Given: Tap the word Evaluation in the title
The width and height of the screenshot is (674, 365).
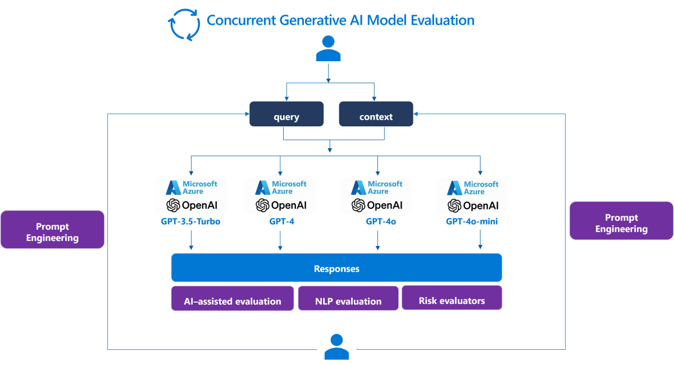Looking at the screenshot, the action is tap(443, 20).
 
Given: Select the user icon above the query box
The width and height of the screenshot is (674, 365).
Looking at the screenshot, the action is tap(328, 48).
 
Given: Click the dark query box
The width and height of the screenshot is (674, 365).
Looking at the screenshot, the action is tap(286, 114).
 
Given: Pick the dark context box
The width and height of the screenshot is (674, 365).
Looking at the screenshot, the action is tap(376, 114).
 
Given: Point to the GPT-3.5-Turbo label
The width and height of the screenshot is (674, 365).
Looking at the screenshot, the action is tap(190, 221).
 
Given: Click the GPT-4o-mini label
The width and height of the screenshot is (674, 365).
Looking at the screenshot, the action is tap(472, 221).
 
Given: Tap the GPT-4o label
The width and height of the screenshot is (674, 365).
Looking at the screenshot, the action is tap(381, 221).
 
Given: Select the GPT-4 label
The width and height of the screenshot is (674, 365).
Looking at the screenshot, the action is tap(281, 221).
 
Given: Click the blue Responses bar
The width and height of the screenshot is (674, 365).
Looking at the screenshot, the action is tap(336, 267).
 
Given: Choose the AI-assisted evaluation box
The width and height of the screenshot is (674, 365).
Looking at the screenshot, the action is tap(233, 298).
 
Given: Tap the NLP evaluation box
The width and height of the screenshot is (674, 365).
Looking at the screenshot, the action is tap(348, 298).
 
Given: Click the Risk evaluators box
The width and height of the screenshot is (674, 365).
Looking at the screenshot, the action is tap(452, 298).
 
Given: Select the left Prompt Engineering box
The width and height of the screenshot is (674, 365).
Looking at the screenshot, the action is tap(52, 229).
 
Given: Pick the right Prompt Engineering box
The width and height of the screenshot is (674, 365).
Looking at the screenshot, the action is tap(621, 221).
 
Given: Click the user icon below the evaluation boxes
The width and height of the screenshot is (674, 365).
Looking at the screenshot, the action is tap(336, 346).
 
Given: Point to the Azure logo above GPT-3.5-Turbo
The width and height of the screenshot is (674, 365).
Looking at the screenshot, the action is tap(174, 188).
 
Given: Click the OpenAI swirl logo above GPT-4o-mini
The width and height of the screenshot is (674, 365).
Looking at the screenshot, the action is tap(454, 206).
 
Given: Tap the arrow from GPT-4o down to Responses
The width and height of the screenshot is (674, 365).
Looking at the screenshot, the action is tap(377, 240).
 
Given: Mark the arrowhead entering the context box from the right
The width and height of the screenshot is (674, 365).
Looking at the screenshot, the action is tap(416, 114).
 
